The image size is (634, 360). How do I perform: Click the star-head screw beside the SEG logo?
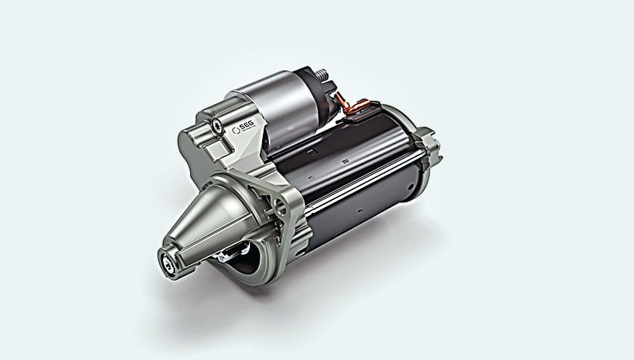pyautogui.click(x=217, y=122)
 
